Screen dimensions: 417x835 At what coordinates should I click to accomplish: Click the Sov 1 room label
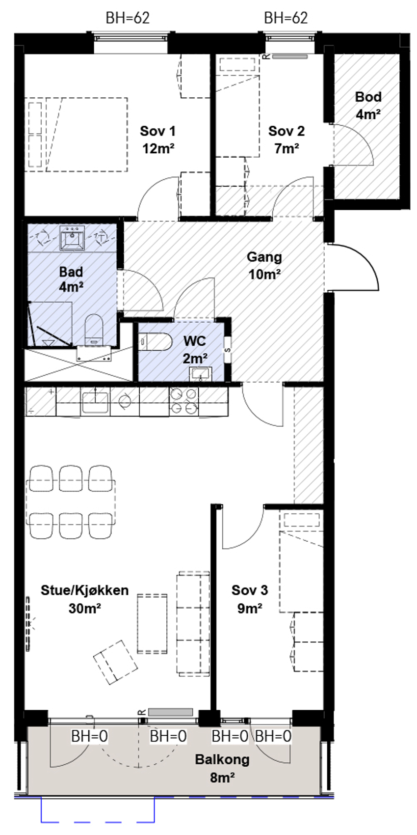pos(158,140)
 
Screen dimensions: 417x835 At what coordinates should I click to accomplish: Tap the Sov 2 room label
pos(287,140)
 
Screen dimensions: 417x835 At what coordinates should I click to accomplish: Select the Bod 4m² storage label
pos(368,106)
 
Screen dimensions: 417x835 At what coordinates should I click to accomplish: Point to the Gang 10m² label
pos(264,266)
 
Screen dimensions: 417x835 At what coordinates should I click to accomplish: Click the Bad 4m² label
pos(71,279)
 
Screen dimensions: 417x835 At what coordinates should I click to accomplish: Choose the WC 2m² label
pos(195,350)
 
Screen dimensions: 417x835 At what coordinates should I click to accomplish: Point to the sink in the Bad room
pos(72,237)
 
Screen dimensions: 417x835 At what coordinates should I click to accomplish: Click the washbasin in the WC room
pos(201,374)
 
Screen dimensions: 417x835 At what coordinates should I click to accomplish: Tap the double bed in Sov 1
pos(78,135)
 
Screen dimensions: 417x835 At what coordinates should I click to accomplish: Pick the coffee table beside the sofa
pos(152,624)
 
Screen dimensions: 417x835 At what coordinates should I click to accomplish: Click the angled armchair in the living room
pos(115,663)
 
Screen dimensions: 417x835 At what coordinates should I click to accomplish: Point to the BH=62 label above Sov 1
pos(128,18)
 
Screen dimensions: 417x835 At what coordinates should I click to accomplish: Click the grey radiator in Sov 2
pos(289,56)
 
